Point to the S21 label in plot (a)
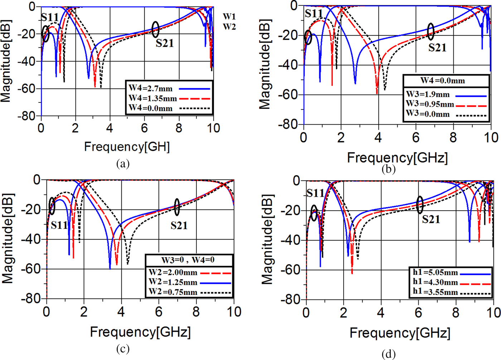[165, 43]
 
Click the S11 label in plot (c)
[59, 225]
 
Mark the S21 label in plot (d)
[431, 219]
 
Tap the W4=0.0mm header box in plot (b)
[446, 81]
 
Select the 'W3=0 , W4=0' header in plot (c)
[189, 260]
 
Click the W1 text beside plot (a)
[229, 16]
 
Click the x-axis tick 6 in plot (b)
[415, 138]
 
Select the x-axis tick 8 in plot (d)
[456, 313]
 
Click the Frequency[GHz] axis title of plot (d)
[400, 333]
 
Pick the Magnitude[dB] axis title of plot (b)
[265, 64]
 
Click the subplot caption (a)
[123, 164]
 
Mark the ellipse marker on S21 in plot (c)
[177, 207]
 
